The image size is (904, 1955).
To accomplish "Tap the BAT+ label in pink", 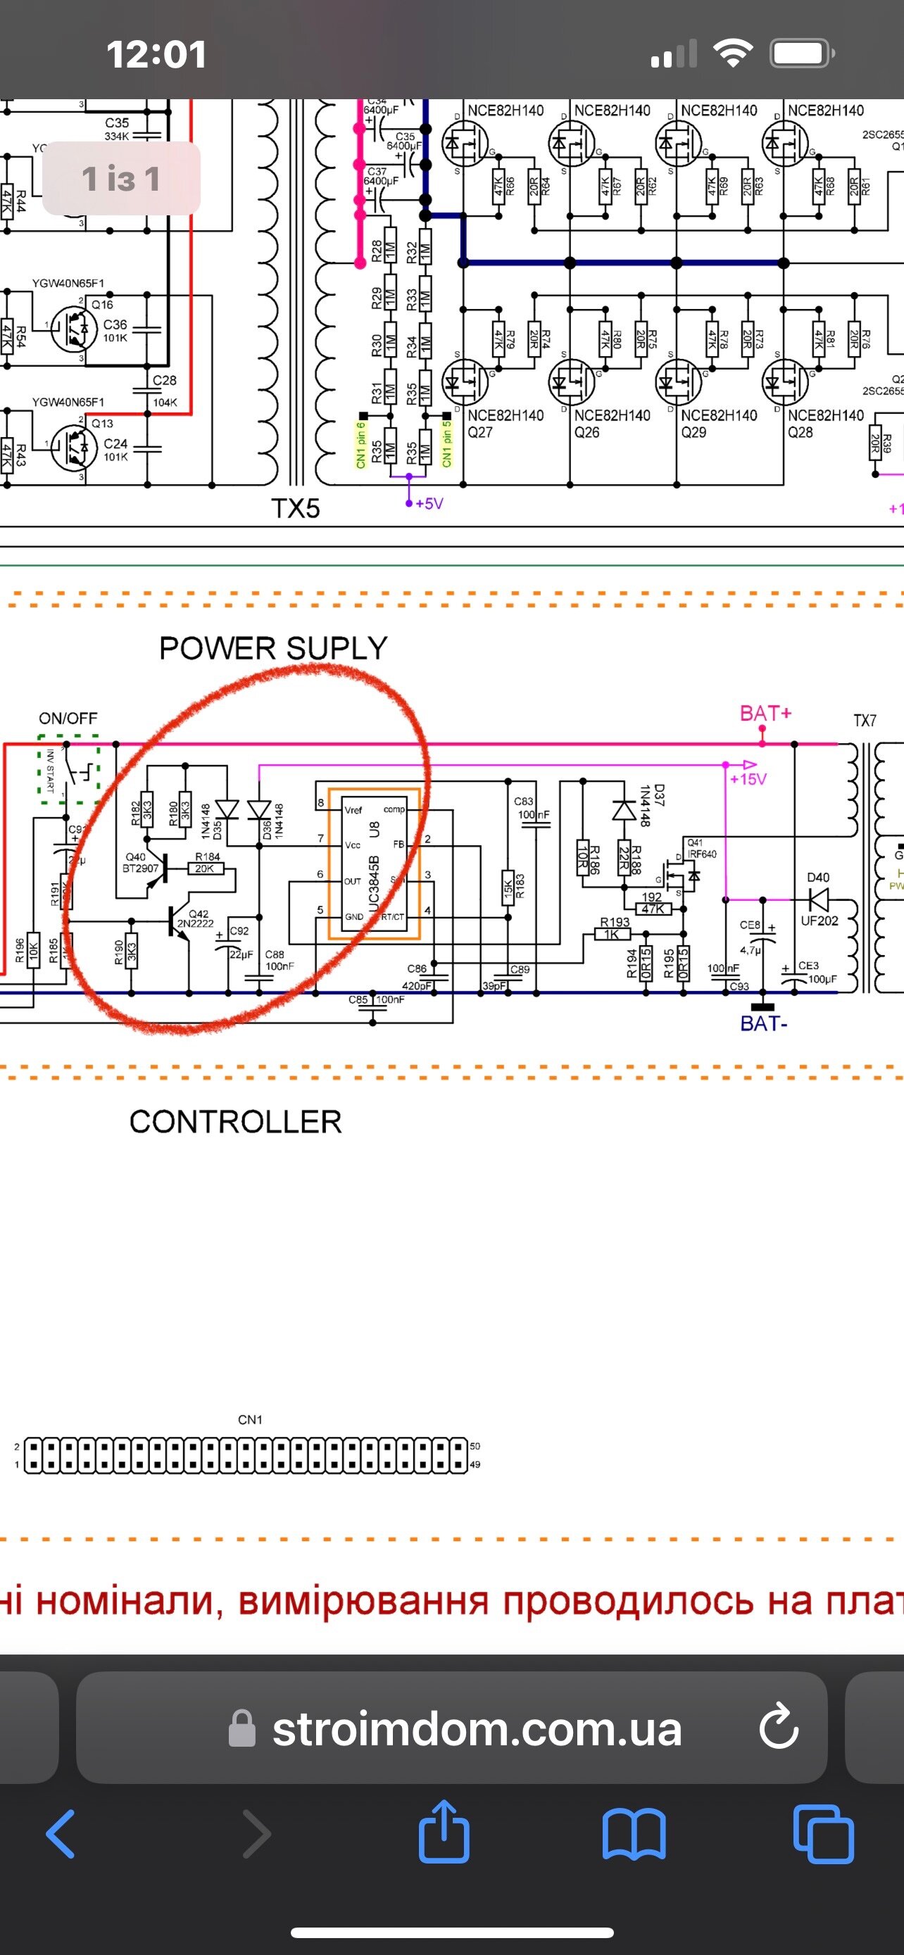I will coord(765,714).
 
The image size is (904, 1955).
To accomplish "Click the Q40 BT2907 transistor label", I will coord(139,862).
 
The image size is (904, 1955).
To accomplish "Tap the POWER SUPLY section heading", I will coord(273,648).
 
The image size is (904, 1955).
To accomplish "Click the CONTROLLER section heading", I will coord(235,1122).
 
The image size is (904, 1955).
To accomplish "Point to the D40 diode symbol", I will coord(817,900).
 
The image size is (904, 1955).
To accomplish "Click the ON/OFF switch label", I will coord(68,718).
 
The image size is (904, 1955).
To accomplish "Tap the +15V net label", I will coord(748,778).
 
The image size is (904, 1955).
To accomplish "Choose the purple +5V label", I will coord(429,504).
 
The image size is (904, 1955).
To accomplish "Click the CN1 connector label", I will coord(250,1419).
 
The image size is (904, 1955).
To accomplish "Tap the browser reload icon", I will coord(778,1727).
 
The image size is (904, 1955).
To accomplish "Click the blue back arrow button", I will coord(61,1833).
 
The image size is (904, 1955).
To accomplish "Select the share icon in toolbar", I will coord(444,1832).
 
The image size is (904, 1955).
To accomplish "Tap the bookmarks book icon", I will coord(634,1833).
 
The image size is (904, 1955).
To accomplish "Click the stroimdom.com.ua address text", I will coord(477,1729).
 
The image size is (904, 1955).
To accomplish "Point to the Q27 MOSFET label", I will coord(480,433).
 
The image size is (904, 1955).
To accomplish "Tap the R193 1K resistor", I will coord(612,935).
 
